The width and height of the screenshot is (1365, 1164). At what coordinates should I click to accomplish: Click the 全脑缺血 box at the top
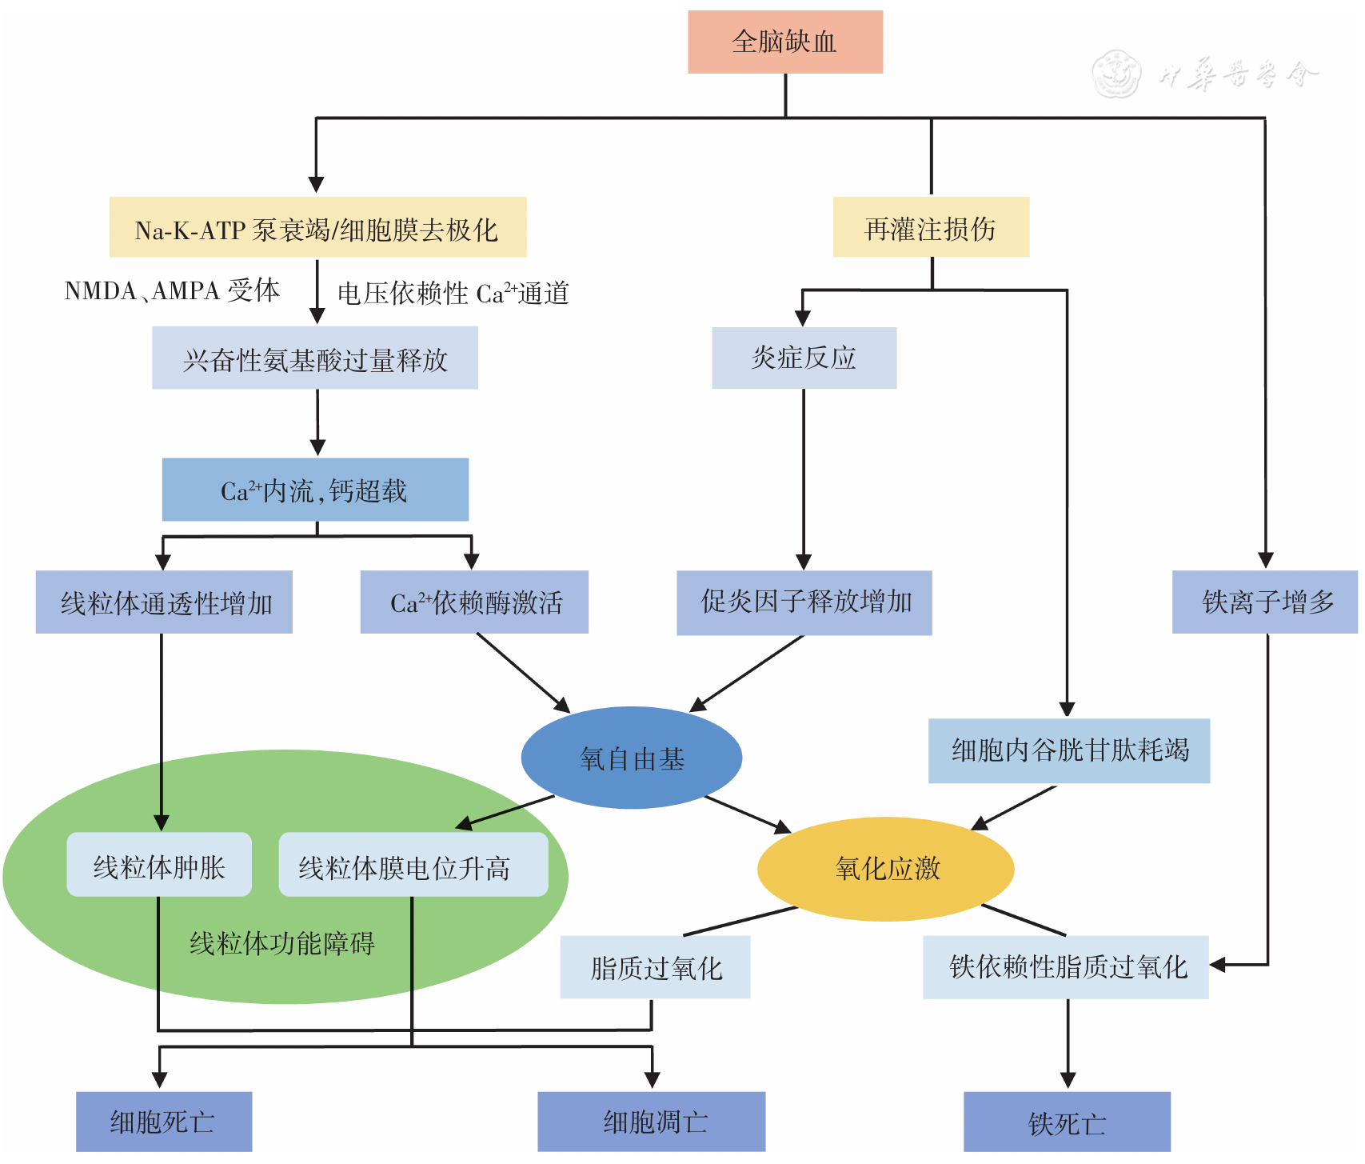pyautogui.click(x=784, y=42)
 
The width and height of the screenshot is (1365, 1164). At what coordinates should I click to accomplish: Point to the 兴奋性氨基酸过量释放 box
pyautogui.click(x=315, y=358)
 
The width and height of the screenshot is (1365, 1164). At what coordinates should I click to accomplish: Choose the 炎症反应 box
pyautogui.click(x=804, y=358)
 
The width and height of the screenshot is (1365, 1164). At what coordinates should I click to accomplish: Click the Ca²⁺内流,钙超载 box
pyautogui.click(x=315, y=490)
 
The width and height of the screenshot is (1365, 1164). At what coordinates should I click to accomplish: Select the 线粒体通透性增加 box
pyautogui.click(x=164, y=602)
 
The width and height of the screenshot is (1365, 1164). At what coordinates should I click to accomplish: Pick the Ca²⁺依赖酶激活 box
pyautogui.click(x=474, y=602)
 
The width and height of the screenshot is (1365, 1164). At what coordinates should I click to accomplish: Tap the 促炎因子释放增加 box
pyautogui.click(x=804, y=602)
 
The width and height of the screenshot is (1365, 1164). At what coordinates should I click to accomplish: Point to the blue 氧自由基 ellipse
pyautogui.click(x=632, y=758)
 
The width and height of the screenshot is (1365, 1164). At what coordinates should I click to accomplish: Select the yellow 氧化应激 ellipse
pyautogui.click(x=885, y=869)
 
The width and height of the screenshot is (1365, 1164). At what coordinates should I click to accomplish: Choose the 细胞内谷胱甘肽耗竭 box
pyautogui.click(x=1068, y=750)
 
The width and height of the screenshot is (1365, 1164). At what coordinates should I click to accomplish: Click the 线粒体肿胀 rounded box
pyautogui.click(x=159, y=865)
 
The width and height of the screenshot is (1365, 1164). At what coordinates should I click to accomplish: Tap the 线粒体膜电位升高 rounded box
pyautogui.click(x=413, y=865)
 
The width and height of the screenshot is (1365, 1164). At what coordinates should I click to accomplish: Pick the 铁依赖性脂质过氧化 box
pyautogui.click(x=1065, y=967)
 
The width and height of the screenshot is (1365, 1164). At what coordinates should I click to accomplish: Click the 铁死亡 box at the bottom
pyautogui.click(x=1067, y=1122)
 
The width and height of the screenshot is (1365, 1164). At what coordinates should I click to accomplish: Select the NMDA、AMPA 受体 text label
pyautogui.click(x=172, y=290)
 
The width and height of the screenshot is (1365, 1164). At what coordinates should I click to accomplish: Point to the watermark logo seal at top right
pyautogui.click(x=1117, y=74)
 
